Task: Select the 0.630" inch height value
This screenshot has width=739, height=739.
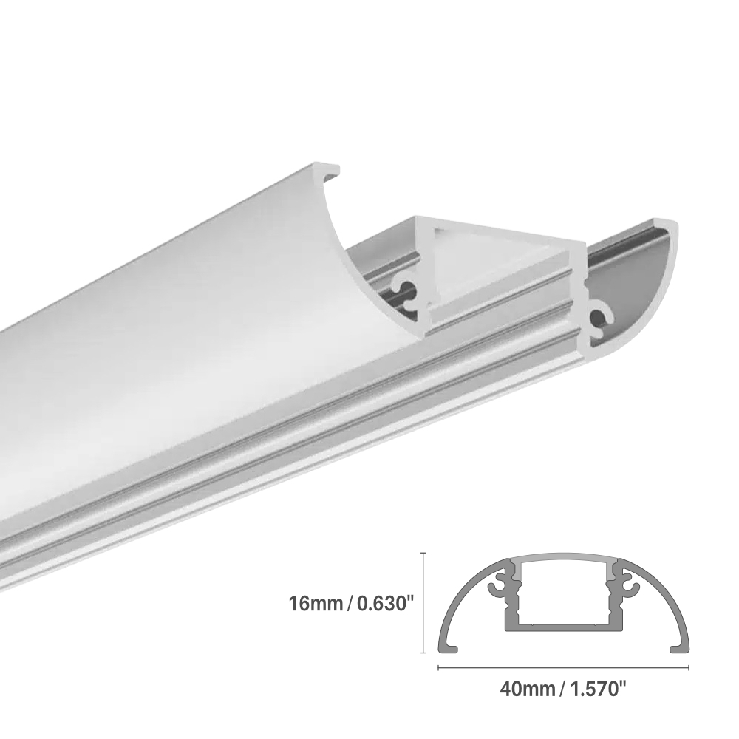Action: pos(383,604)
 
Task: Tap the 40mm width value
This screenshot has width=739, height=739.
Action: pos(527,690)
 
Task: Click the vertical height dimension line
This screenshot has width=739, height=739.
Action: pos(423,602)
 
